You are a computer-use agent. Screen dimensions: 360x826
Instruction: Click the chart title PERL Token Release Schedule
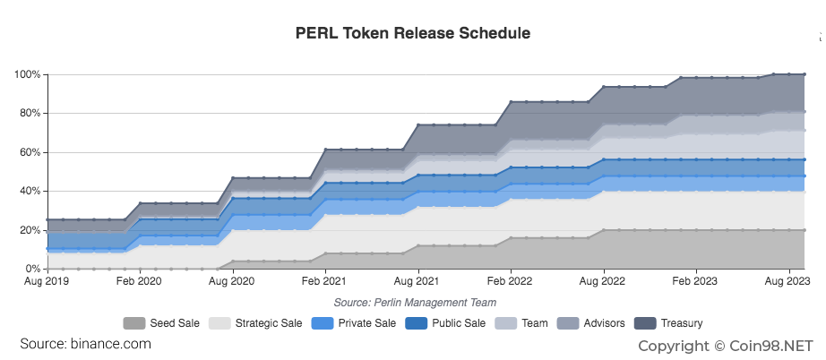tap(413, 33)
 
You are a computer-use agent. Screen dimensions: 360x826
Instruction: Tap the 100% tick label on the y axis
tap(27, 74)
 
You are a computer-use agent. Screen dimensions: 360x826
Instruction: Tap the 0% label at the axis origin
tap(31, 269)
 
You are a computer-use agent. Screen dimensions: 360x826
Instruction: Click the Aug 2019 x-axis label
tap(47, 281)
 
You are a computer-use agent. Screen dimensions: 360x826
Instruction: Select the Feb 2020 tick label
tap(139, 281)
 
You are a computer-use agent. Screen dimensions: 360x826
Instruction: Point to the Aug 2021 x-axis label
tap(417, 281)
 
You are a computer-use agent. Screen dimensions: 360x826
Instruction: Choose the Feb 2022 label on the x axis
tap(511, 281)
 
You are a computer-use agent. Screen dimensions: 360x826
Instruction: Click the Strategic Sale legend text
tap(268, 323)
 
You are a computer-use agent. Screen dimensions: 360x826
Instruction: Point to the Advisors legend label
tap(603, 323)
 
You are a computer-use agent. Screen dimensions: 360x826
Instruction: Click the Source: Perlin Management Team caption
tap(415, 303)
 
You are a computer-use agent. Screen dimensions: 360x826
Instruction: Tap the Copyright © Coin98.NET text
tap(725, 345)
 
